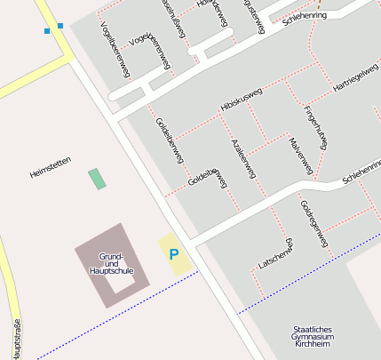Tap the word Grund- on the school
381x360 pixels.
pyautogui.click(x=110, y=256)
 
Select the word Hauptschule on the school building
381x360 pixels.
pyautogui.click(x=112, y=269)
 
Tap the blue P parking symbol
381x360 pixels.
pyautogui.click(x=174, y=254)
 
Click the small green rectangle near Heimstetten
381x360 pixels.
pyautogui.click(x=96, y=178)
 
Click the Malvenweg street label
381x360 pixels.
pyautogui.click(x=302, y=155)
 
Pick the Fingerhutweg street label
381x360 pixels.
pyautogui.click(x=316, y=126)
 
